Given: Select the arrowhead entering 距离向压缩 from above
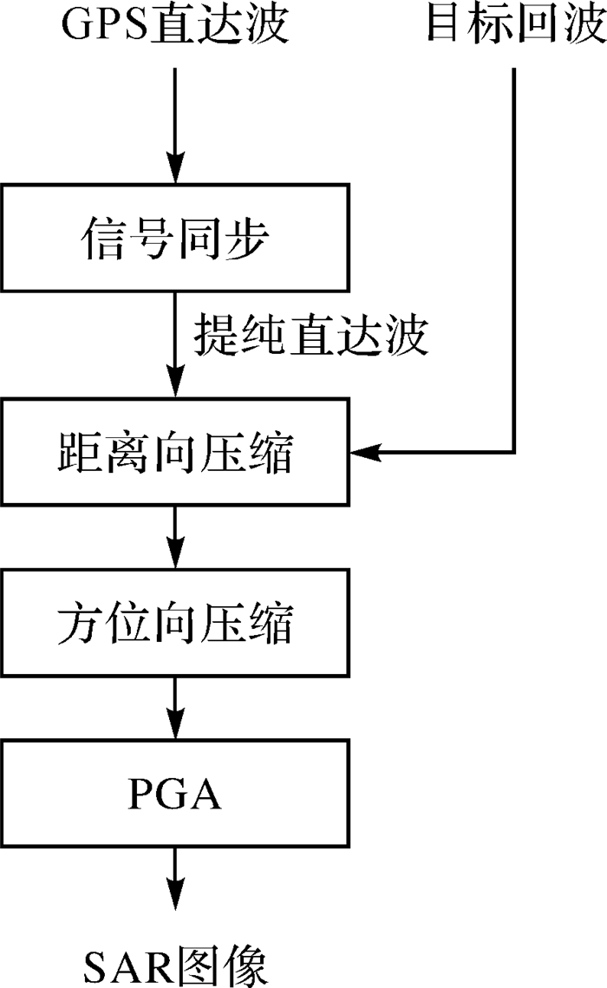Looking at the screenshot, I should click(x=175, y=388).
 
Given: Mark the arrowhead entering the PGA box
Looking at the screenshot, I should click(x=175, y=728).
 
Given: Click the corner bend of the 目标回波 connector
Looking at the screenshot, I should click(x=515, y=452).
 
